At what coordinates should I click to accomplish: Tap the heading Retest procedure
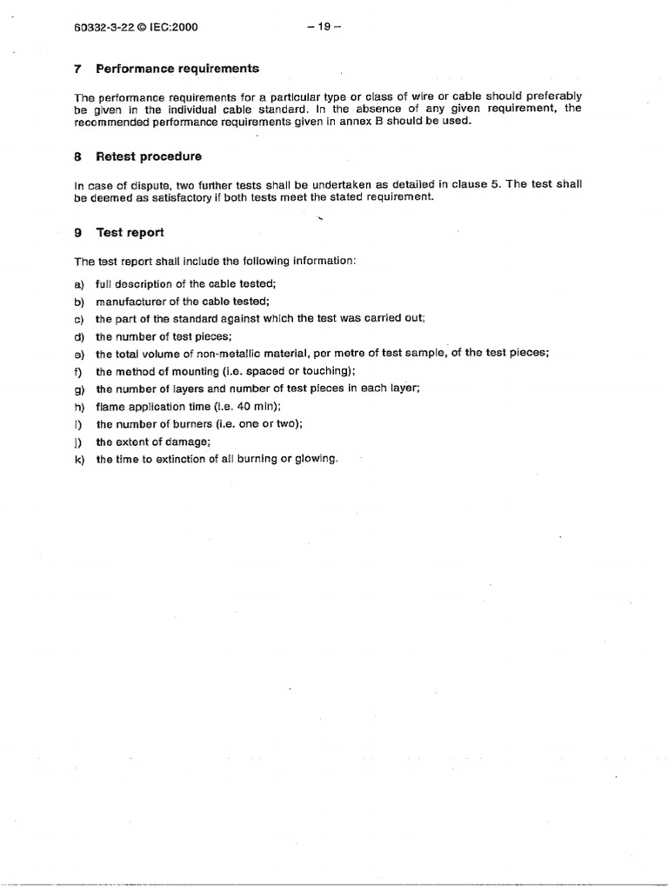pyautogui.click(x=149, y=156)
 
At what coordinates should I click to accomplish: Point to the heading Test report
pyautogui.click(x=130, y=233)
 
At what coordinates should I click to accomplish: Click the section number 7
pyautogui.click(x=78, y=69)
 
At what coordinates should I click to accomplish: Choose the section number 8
pyautogui.click(x=78, y=156)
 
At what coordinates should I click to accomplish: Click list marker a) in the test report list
pyautogui.click(x=78, y=284)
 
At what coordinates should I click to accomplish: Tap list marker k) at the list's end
pyautogui.click(x=79, y=459)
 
